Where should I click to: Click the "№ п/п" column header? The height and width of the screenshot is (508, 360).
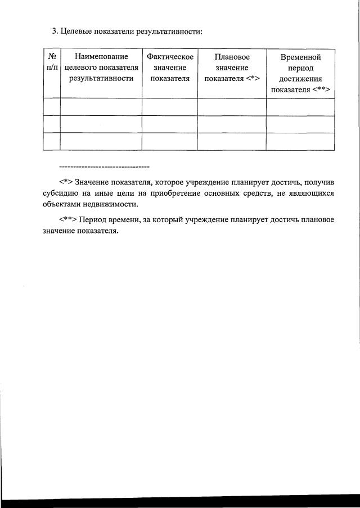(x=51, y=62)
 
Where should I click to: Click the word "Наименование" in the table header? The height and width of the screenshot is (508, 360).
(x=101, y=57)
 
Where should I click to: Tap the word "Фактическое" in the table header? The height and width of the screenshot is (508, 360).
(x=170, y=57)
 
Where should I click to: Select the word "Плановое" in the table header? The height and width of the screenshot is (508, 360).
(x=232, y=57)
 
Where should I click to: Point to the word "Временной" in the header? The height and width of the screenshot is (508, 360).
(x=300, y=57)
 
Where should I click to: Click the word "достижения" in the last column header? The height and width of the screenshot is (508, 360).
(x=300, y=79)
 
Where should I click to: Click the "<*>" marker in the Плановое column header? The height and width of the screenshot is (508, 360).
(x=251, y=78)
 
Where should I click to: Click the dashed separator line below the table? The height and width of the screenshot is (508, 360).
(x=104, y=167)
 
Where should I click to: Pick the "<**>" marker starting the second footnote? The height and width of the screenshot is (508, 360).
(x=67, y=219)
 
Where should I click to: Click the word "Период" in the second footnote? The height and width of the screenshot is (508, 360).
(x=92, y=219)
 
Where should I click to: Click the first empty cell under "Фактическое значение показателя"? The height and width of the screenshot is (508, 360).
(x=170, y=107)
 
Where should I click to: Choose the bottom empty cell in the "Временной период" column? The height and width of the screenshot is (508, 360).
(x=300, y=141)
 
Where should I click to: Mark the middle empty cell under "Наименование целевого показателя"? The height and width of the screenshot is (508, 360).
(x=101, y=124)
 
